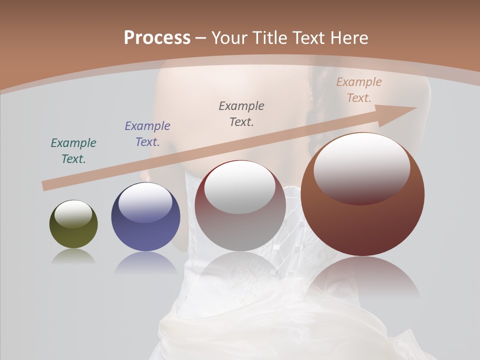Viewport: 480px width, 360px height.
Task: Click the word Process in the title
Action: coord(157,38)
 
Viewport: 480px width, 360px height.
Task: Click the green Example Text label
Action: coord(73,151)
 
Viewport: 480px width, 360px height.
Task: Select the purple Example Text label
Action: coord(147,134)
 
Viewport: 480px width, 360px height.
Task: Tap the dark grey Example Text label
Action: coord(241,113)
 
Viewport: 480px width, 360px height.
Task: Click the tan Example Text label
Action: coord(359,90)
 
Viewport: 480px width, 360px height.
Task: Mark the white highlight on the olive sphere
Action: coord(73,213)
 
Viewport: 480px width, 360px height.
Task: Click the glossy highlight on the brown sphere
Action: coord(361,167)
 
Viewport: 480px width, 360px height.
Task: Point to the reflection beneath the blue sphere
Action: coord(145,262)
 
